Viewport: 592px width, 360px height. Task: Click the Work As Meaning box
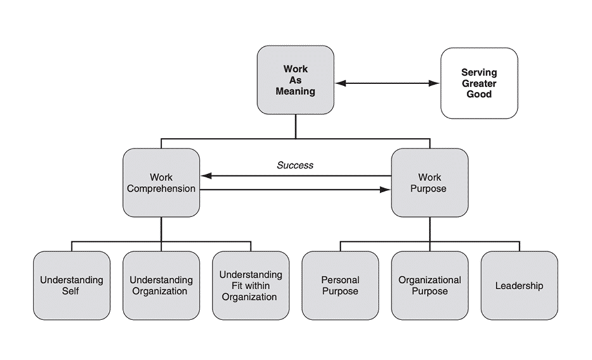click(295, 80)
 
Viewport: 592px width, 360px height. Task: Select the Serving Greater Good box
click(479, 83)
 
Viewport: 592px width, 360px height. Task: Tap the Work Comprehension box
click(161, 183)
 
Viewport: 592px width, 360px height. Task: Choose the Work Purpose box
click(429, 183)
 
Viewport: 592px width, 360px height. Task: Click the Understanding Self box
click(71, 285)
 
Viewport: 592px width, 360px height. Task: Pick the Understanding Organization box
click(161, 285)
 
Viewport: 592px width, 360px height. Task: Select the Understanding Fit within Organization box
click(250, 285)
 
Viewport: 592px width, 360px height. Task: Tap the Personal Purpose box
click(340, 285)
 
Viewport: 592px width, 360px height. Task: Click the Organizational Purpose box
click(429, 285)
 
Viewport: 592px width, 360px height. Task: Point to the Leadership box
click(519, 285)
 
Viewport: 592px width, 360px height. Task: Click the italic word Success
click(295, 165)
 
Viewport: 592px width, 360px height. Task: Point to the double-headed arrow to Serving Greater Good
click(387, 83)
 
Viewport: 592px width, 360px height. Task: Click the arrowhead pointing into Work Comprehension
click(205, 177)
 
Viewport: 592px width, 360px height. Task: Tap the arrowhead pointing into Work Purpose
click(386, 189)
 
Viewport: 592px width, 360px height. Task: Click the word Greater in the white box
click(479, 84)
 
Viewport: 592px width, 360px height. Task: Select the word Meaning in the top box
click(295, 91)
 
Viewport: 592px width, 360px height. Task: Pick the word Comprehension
click(161, 189)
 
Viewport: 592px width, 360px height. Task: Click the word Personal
click(340, 280)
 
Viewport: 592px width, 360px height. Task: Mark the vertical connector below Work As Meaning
click(295, 126)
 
